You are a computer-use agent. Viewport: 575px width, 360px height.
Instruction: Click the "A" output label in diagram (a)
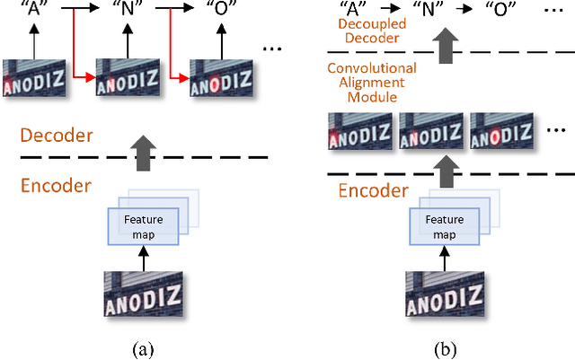point(32,11)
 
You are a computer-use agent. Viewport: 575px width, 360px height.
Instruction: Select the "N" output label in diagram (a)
point(125,11)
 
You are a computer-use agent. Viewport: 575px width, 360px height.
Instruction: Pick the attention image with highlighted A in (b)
point(360,134)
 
